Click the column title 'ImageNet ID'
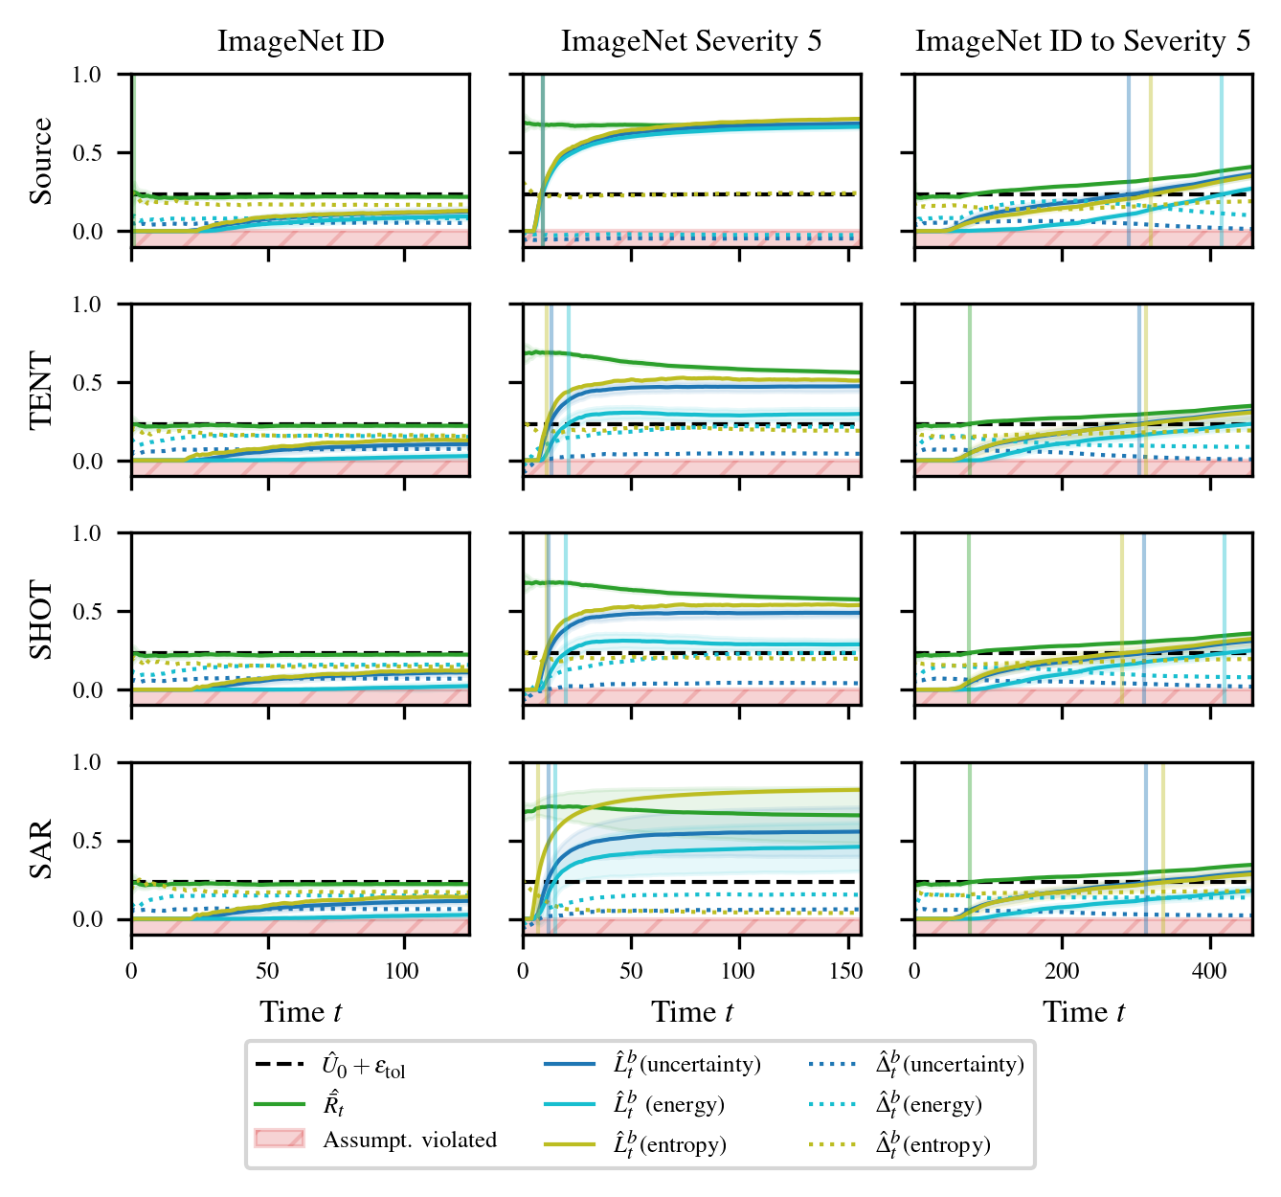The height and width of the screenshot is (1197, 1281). click(x=301, y=41)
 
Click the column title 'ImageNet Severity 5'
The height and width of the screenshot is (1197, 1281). click(x=691, y=41)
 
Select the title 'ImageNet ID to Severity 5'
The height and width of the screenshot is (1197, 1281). click(x=1083, y=41)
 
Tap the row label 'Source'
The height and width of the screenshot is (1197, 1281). click(x=41, y=161)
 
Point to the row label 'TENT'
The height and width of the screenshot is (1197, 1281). click(x=41, y=390)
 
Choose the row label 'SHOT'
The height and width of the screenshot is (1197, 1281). click(x=41, y=619)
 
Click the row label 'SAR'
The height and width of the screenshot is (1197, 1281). click(x=41, y=848)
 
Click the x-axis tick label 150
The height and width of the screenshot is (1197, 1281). click(x=845, y=971)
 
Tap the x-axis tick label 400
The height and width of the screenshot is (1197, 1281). click(x=1210, y=971)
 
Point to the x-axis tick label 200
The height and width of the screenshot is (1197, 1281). click(x=1062, y=971)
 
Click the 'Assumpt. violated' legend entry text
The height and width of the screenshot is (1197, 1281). click(x=410, y=1140)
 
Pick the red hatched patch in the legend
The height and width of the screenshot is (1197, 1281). click(x=280, y=1139)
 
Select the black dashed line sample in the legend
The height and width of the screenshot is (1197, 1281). click(x=280, y=1065)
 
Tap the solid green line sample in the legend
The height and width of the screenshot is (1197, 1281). click(x=280, y=1104)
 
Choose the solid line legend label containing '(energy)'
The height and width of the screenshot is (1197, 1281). click(x=668, y=1105)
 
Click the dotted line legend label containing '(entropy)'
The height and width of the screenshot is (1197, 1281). click(x=933, y=1144)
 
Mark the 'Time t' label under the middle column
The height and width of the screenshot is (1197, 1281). click(x=692, y=1012)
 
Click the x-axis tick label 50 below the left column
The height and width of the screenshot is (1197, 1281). click(x=267, y=971)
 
